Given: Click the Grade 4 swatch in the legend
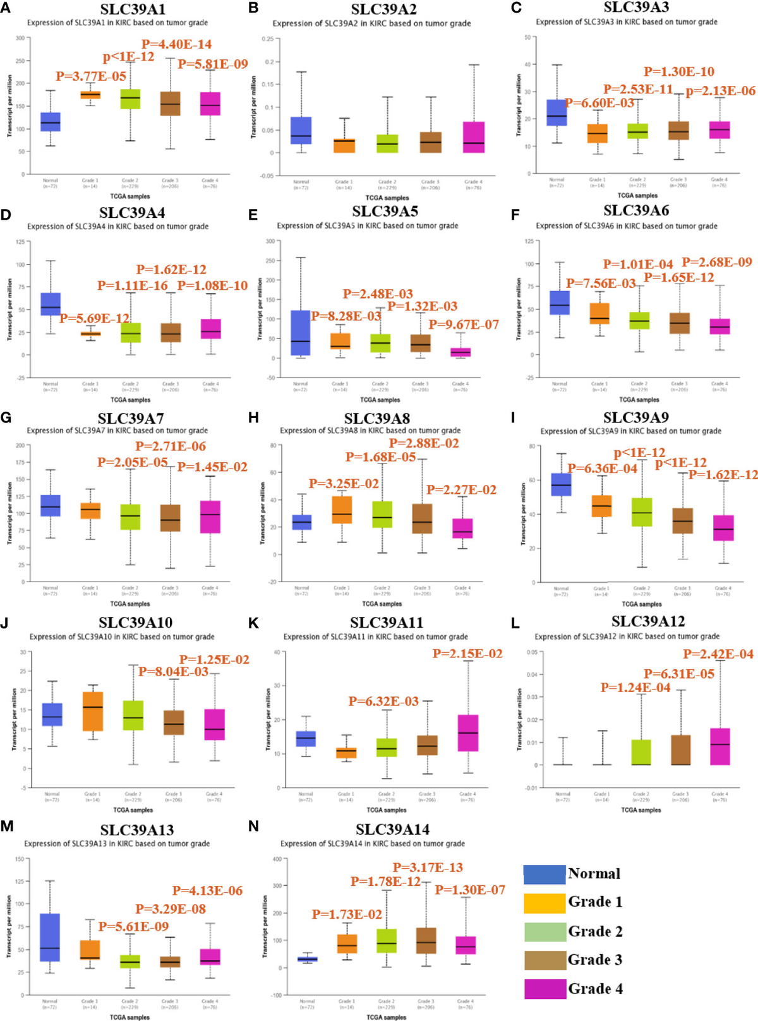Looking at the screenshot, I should pyautogui.click(x=544, y=988).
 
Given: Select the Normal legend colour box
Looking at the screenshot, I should pyautogui.click(x=544, y=874).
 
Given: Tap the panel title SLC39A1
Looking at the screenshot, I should pyautogui.click(x=133, y=9).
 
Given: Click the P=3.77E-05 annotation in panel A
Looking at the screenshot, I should pyautogui.click(x=91, y=76).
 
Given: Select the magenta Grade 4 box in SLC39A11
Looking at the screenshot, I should pyautogui.click(x=468, y=732).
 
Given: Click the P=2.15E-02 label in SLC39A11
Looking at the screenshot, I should pyautogui.click(x=467, y=654).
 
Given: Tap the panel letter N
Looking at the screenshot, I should pyautogui.click(x=253, y=826).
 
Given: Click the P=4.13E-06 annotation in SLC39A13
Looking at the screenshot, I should pyautogui.click(x=207, y=890).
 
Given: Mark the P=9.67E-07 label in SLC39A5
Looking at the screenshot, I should pyautogui.click(x=464, y=325).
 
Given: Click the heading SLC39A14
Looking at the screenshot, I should pyautogui.click(x=392, y=829).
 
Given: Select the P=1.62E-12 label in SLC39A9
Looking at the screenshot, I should pyautogui.click(x=723, y=475).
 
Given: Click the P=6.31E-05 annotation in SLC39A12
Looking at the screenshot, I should pyautogui.click(x=679, y=674).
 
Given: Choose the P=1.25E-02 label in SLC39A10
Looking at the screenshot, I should pyautogui.click(x=214, y=659).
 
